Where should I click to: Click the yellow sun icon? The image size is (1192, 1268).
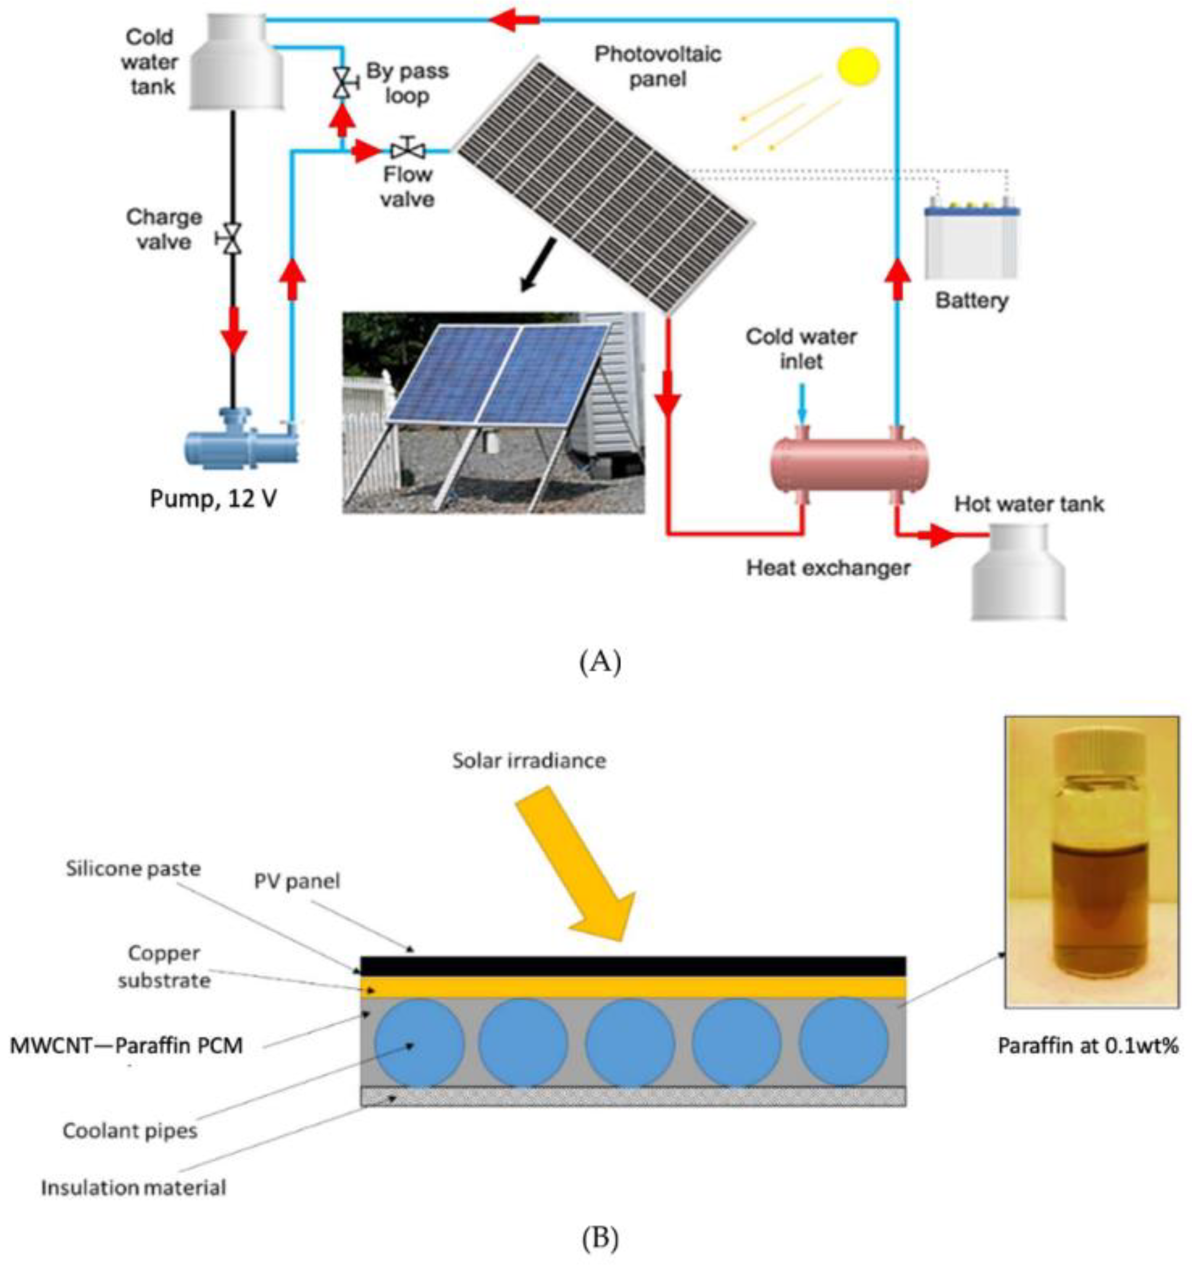[858, 66]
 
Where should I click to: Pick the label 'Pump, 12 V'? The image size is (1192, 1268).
[213, 498]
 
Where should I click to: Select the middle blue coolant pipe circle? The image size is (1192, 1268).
[629, 1043]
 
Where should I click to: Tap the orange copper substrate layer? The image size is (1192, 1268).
[632, 987]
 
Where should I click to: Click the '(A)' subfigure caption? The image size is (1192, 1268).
[599, 663]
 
